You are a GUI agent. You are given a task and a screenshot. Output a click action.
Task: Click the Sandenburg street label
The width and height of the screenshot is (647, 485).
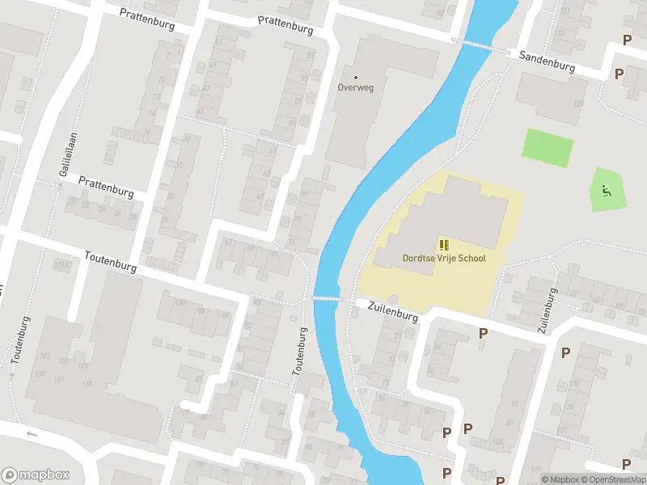click(547, 61)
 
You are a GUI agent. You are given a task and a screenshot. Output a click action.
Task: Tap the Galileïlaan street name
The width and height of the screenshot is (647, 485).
click(66, 157)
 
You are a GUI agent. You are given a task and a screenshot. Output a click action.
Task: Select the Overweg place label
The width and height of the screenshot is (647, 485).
click(357, 86)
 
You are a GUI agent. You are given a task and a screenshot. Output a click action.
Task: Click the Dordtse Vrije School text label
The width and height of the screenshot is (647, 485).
click(444, 258)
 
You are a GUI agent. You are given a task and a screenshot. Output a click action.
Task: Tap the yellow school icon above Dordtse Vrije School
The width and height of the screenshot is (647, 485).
click(443, 244)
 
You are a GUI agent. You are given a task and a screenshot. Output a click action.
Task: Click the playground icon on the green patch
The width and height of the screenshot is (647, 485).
click(606, 191)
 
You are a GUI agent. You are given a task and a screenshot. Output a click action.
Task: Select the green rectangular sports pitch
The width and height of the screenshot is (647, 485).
click(548, 145)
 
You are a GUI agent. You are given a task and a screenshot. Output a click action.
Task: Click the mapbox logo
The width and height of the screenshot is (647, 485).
click(36, 474)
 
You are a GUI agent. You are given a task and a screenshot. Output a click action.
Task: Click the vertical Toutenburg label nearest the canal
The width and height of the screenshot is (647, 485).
click(298, 351)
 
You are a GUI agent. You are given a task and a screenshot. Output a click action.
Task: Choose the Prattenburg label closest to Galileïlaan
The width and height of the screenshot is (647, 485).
click(106, 186)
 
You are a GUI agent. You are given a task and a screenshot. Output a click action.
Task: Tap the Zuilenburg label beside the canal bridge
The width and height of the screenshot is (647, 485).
click(392, 311)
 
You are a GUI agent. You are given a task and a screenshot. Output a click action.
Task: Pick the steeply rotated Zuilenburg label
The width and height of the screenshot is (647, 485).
click(548, 310)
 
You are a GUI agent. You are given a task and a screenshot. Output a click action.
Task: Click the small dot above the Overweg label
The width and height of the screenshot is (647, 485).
click(356, 77)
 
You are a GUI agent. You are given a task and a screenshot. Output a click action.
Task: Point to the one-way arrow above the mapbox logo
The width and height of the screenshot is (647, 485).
click(32, 434)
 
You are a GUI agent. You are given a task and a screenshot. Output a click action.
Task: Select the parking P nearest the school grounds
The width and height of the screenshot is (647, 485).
click(483, 333)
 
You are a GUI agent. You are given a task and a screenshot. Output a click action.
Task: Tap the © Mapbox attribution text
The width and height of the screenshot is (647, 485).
click(561, 479)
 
